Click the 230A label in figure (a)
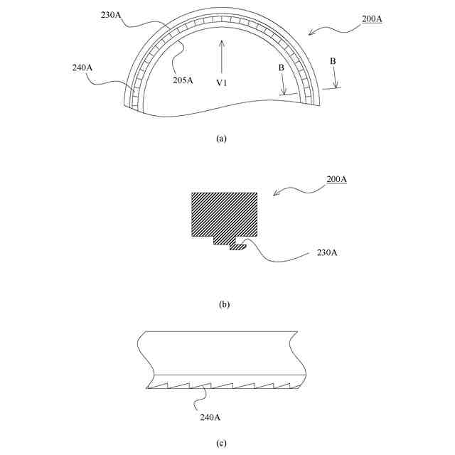(111, 15)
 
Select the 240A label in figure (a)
(82, 68)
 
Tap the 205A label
(183, 80)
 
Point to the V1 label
(222, 82)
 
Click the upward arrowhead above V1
(222, 43)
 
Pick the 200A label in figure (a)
(372, 19)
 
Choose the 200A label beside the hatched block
(336, 179)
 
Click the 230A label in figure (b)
(327, 252)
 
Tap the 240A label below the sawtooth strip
(210, 417)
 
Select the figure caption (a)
(221, 139)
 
